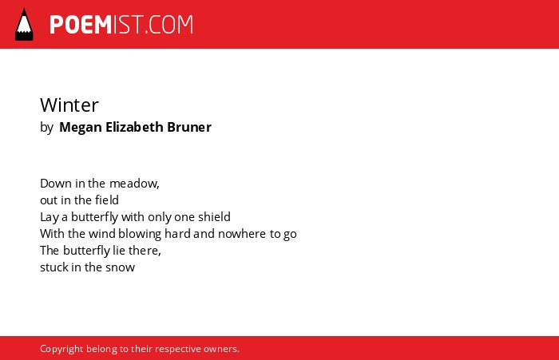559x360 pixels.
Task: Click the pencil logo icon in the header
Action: pyautogui.click(x=24, y=25)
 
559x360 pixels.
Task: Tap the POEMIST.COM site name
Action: pyautogui.click(x=121, y=25)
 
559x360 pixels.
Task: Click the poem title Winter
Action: pyautogui.click(x=69, y=105)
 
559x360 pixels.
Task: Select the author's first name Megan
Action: pyautogui.click(x=81, y=128)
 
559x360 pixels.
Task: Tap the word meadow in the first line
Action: pyautogui.click(x=134, y=184)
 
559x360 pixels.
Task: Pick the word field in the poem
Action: pyautogui.click(x=107, y=200)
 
